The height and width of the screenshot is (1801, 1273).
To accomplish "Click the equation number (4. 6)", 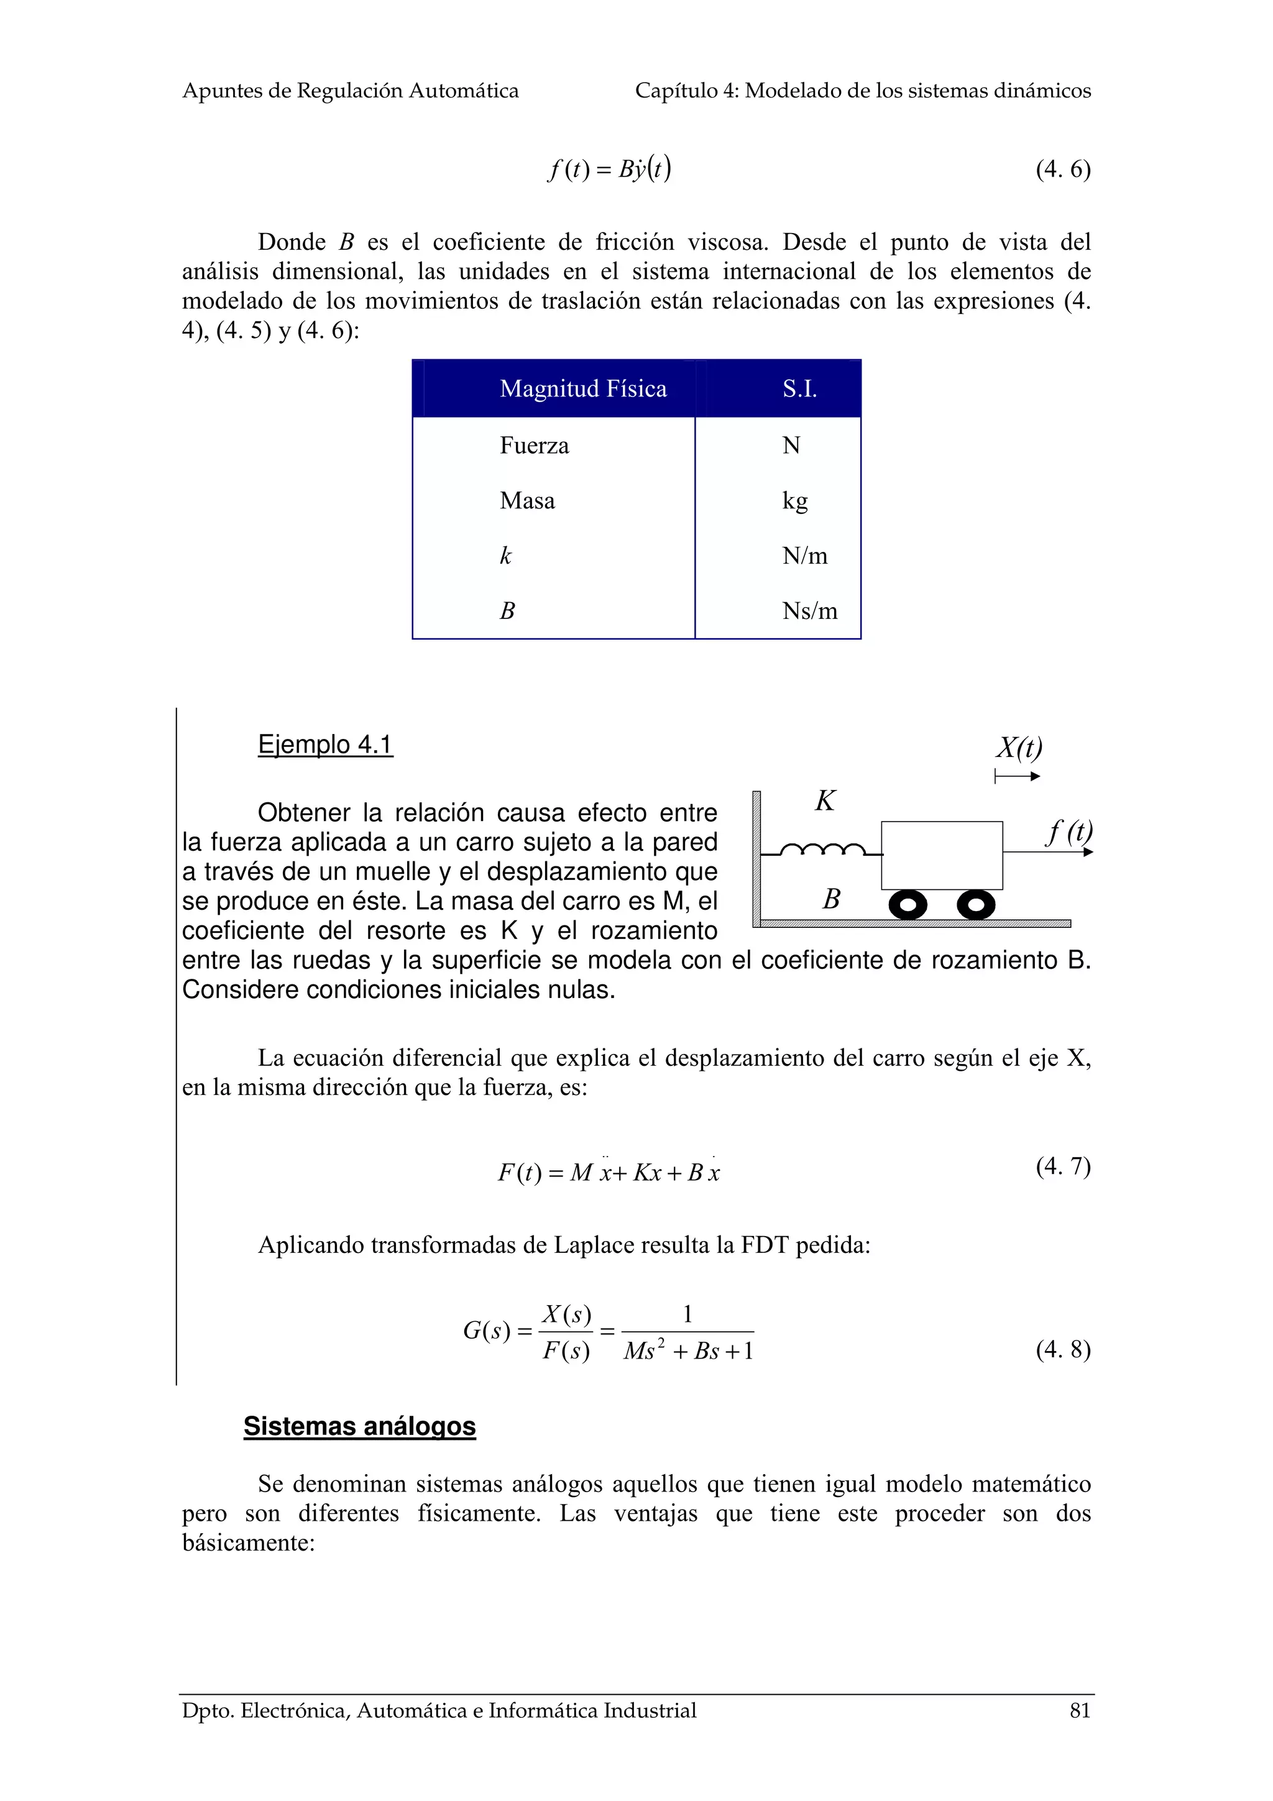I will [x=1062, y=170].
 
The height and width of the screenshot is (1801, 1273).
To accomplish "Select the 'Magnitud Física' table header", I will [x=583, y=389].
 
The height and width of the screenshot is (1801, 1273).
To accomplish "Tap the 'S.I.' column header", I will [x=799, y=389].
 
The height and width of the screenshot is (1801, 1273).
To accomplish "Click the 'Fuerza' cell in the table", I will [x=534, y=446].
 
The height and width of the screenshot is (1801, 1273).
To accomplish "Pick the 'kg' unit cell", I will [x=794, y=500].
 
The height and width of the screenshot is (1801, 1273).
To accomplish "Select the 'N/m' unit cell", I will [x=804, y=556].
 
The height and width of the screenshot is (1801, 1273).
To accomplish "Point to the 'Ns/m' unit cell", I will [x=809, y=611].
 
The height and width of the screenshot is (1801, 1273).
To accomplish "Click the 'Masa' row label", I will [x=527, y=500].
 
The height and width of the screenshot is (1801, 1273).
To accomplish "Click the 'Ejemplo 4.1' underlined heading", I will [x=324, y=745].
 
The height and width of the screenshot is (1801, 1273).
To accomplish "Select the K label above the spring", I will [x=825, y=801].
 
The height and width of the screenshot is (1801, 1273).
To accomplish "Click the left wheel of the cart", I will [x=908, y=906].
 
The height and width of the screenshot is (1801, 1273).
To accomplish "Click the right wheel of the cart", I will [x=976, y=906].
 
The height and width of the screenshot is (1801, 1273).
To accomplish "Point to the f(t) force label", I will [x=1068, y=832].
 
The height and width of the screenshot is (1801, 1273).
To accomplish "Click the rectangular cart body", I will [x=941, y=855].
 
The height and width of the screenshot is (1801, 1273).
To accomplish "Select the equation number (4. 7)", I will [x=1062, y=1166].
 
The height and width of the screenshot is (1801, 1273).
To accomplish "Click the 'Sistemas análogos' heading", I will [x=359, y=1426].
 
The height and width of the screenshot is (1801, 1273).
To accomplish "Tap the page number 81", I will [x=1079, y=1711].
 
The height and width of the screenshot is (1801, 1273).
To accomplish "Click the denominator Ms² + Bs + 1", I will [x=688, y=1352].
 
